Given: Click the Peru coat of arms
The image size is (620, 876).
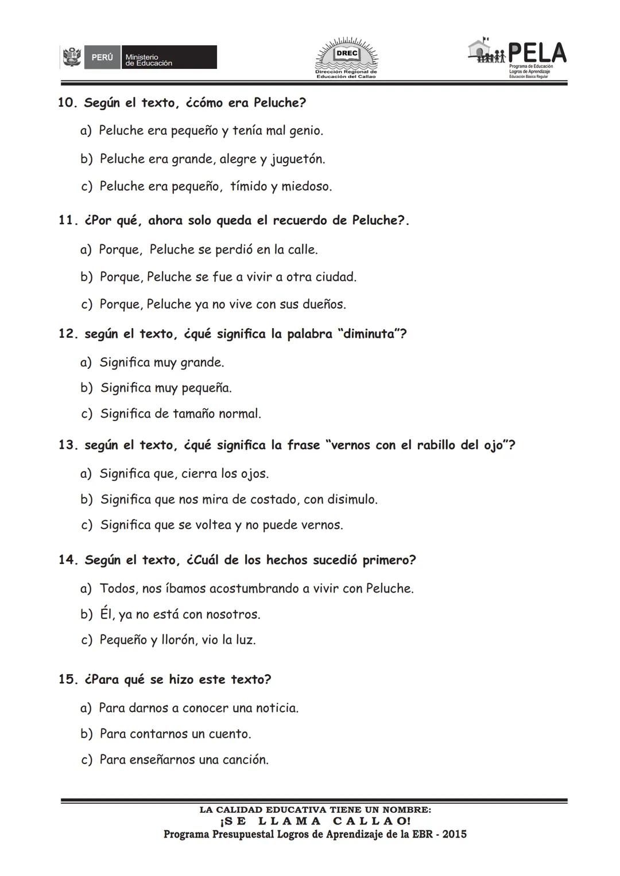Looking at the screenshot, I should click(72, 57).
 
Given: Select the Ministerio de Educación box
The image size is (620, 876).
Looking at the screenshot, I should click(170, 58).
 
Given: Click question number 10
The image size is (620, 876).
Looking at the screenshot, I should click(68, 103).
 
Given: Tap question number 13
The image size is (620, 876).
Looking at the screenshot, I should click(68, 445).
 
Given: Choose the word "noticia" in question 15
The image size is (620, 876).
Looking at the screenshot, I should click(276, 708).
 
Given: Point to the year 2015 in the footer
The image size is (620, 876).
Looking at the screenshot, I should click(455, 834).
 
